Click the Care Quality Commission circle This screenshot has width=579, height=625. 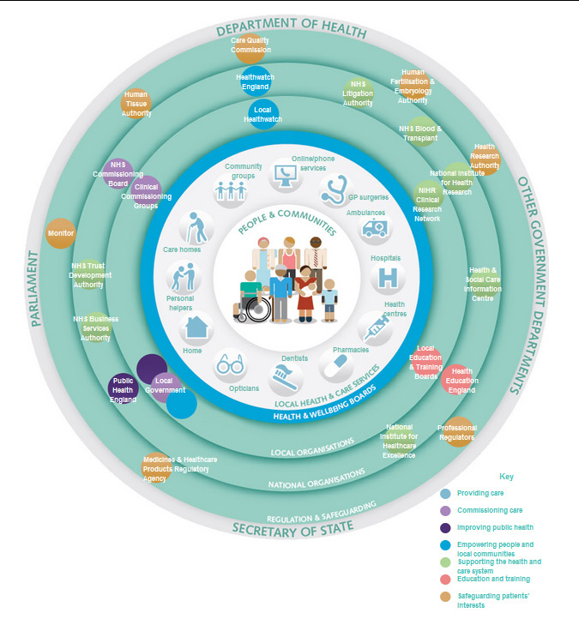point(250,45)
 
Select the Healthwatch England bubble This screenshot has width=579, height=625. point(255,81)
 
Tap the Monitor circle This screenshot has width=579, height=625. point(61,233)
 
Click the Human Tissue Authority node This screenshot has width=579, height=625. point(137,102)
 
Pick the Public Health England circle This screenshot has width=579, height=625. point(124,388)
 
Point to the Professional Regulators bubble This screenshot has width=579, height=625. point(456,432)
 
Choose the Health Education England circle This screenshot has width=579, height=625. point(461,380)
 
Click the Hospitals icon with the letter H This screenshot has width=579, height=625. point(388,278)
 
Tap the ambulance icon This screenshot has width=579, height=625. point(375,228)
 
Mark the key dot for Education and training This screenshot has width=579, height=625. point(445,580)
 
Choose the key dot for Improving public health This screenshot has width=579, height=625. point(445,527)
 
